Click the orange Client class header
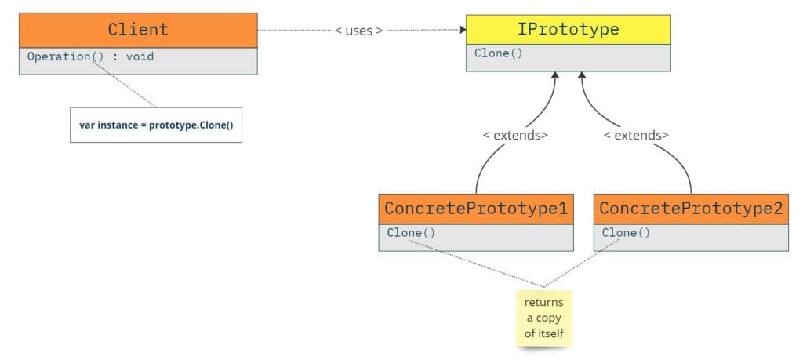[x=138, y=30]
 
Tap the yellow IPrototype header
[x=568, y=30]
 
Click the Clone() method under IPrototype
[x=498, y=53]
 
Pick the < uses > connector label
[x=359, y=31]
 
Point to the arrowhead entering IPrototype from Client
[x=461, y=31]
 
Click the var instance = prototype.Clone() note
[x=156, y=125]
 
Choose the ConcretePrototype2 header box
[x=690, y=209]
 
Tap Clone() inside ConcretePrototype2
[x=626, y=232]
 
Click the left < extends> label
[x=515, y=135]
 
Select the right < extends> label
[x=636, y=135]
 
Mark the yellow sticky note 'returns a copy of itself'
[x=543, y=318]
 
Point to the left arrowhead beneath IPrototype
[x=555, y=76]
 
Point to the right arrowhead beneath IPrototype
[x=582, y=76]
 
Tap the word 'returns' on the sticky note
[x=543, y=302]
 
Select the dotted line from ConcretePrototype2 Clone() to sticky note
[x=584, y=261]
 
